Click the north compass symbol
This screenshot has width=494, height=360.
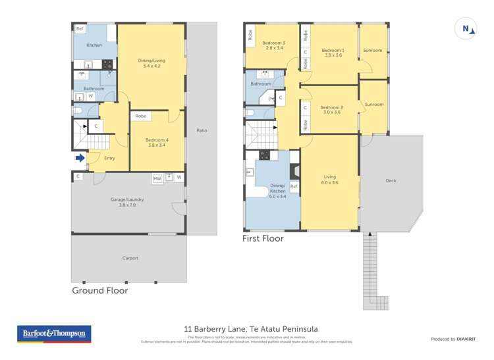(x=466, y=28)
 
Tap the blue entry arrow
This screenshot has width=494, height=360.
(x=80, y=157)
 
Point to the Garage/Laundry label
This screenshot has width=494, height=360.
(x=126, y=199)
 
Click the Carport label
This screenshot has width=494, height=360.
(x=130, y=258)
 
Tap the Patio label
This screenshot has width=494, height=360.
(x=202, y=130)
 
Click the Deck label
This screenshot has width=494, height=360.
(x=391, y=180)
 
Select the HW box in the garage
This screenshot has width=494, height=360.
(x=157, y=178)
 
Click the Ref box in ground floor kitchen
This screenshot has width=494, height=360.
(x=80, y=29)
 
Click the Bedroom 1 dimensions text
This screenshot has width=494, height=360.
(x=333, y=55)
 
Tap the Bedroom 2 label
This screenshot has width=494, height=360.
(x=332, y=107)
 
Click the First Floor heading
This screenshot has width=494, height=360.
(x=263, y=238)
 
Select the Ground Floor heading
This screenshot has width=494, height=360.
(x=99, y=290)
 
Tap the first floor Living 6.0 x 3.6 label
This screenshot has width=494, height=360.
(x=330, y=180)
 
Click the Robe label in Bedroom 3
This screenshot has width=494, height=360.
(x=250, y=34)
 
